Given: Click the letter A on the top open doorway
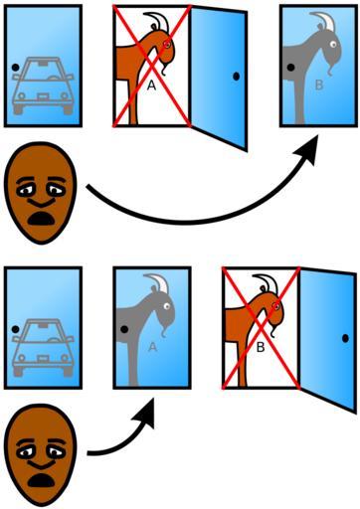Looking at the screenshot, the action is (151, 85).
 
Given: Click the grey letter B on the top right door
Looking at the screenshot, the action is (319, 85).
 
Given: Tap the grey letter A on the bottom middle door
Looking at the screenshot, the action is (152, 347).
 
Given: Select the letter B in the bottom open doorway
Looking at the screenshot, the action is (261, 347).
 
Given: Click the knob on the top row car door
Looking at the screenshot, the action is (15, 68).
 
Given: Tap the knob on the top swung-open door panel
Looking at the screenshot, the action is (236, 77).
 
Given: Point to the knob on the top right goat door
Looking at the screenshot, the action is (290, 68).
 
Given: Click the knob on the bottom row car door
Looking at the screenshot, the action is (15, 329).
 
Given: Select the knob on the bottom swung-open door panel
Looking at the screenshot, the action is (345, 338).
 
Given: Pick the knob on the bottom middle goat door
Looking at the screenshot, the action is (124, 329).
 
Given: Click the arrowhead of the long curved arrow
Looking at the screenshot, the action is (305, 150).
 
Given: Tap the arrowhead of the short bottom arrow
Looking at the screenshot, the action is (146, 413).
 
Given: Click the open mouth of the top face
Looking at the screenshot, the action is (41, 219).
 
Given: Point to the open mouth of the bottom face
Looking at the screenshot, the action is (41, 480).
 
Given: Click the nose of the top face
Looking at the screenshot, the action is (41, 201).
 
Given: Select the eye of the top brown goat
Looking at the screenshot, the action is (167, 44).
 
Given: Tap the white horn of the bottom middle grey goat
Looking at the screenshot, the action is (161, 283).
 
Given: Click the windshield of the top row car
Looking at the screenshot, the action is (43, 71).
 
